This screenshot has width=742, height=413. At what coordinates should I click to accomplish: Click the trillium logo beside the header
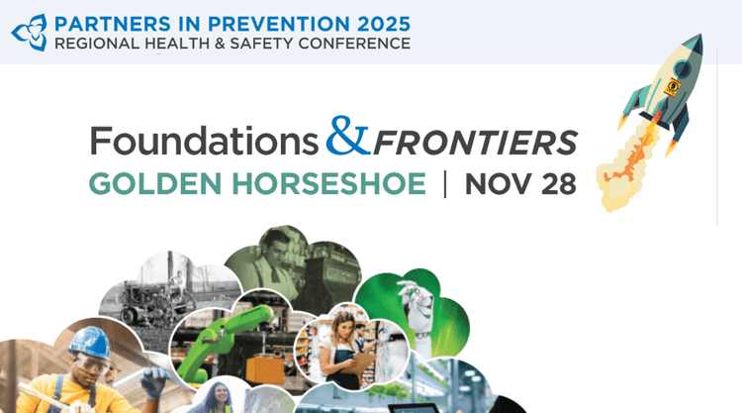tap(30, 33)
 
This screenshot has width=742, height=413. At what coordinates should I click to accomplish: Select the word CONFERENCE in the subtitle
tap(354, 44)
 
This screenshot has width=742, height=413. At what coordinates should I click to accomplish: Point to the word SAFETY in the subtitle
tap(262, 44)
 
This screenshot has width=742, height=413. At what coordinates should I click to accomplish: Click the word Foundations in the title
tap(204, 141)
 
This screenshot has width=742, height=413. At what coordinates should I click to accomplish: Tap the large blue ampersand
tap(348, 136)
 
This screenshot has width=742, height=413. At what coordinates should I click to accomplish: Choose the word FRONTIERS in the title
tap(476, 143)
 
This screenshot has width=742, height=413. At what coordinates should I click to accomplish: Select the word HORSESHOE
tap(328, 184)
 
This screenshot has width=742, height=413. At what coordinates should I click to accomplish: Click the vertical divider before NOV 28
tap(445, 184)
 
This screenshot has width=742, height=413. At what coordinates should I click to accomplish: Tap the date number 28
tap(559, 184)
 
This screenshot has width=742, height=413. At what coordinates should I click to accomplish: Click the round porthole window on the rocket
tap(683, 69)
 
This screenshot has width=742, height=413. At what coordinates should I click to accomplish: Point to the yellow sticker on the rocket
tap(672, 87)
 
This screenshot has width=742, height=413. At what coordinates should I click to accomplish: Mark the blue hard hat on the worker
tap(90, 343)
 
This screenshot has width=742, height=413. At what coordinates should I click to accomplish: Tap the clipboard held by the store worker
tap(362, 362)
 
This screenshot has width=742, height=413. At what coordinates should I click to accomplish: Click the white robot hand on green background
tap(417, 308)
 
